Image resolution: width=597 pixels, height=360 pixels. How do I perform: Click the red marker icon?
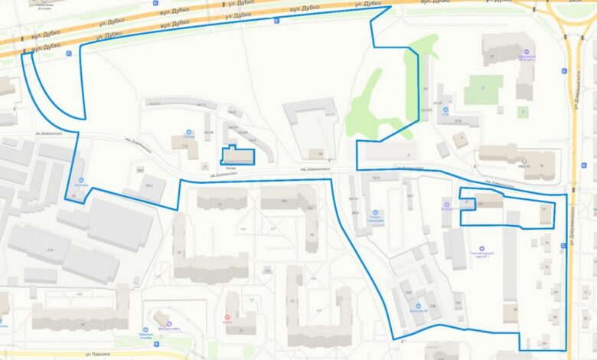pos(227,318)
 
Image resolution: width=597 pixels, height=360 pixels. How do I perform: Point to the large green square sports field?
pos(483,90)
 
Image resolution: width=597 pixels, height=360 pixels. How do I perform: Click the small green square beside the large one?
pos(524,111)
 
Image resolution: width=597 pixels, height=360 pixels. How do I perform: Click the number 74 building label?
pos(311,153)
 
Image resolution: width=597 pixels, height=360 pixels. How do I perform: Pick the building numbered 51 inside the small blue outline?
pos(543,208)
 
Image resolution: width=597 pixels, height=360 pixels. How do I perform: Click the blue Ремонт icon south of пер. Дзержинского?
pos(374,213)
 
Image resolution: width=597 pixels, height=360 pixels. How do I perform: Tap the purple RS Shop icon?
pos(445,202)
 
